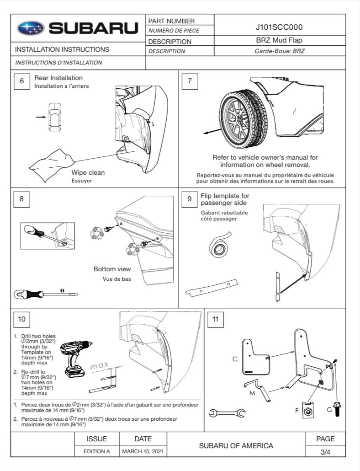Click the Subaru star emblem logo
[x=31, y=28]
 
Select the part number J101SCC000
[x=279, y=27]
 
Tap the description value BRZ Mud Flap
[x=279, y=40]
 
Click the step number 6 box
[x=22, y=81]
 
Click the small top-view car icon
[x=55, y=117]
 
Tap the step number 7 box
[x=190, y=81]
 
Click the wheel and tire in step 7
[x=244, y=118]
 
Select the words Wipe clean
[x=88, y=172]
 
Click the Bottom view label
[x=112, y=269]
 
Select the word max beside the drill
[x=99, y=365]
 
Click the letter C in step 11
[x=235, y=359]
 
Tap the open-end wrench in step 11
[x=227, y=413]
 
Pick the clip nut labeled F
[x=308, y=410]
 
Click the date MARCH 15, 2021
[x=143, y=451]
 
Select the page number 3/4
[x=325, y=452]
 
